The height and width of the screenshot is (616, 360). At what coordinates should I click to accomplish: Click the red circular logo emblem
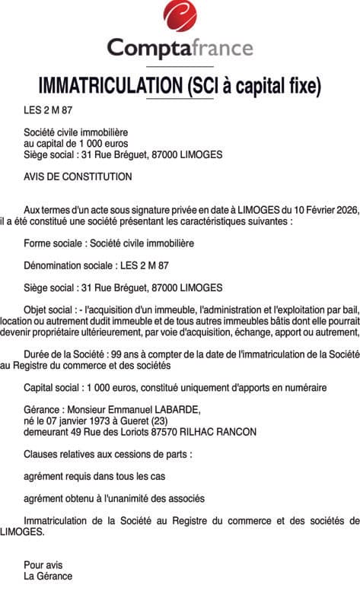(180, 16)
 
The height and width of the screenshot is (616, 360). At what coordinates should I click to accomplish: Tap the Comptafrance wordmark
(180, 49)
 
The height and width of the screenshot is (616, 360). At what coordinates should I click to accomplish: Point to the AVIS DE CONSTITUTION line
(78, 176)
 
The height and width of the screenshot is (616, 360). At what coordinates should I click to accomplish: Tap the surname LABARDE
(178, 410)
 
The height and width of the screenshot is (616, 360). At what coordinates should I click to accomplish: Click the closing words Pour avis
(43, 565)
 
